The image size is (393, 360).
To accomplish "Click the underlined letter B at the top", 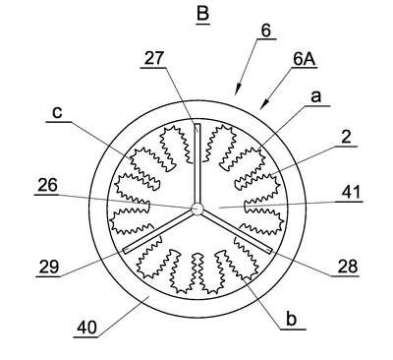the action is [203, 14].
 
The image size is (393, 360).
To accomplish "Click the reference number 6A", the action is [305, 59].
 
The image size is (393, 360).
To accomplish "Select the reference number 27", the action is [153, 59].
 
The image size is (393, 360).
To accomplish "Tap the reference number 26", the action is [47, 185].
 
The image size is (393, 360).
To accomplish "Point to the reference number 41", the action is [351, 192].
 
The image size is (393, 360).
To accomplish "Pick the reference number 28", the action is [347, 267].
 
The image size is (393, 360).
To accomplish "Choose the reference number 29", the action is [49, 267].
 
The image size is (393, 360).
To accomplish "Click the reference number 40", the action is [87, 328].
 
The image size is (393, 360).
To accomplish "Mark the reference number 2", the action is [346, 138].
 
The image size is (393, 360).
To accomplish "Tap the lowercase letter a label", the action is [315, 97].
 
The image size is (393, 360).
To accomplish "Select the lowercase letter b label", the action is [291, 319].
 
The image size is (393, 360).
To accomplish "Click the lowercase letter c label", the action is [57, 112].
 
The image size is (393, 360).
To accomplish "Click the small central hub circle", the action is [196, 209].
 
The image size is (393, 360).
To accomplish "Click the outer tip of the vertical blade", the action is [196, 124].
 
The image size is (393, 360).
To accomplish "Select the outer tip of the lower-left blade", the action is [125, 251].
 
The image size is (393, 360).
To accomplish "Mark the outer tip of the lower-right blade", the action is [269, 251].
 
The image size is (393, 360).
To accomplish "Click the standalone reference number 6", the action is [266, 30].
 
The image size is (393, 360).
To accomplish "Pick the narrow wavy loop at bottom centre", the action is [197, 271].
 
